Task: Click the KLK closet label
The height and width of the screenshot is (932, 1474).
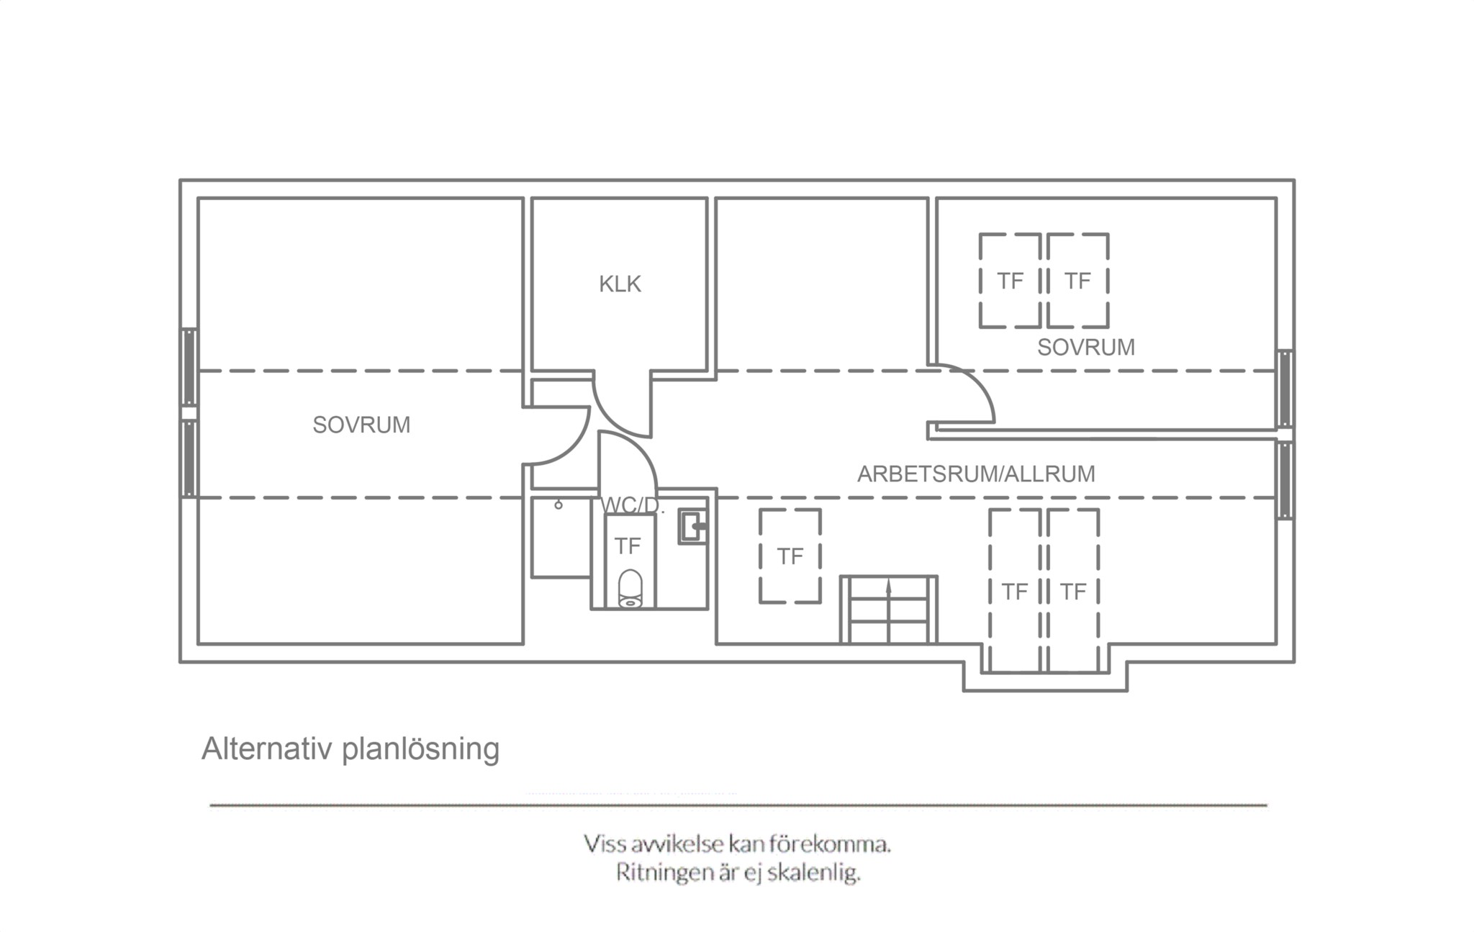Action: (620, 284)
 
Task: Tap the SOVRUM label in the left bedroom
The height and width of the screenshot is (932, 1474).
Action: (361, 425)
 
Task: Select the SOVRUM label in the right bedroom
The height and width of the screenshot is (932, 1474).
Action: (1086, 348)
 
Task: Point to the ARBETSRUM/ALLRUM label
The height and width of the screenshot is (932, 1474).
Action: (976, 474)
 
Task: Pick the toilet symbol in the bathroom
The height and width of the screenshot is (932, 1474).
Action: (630, 589)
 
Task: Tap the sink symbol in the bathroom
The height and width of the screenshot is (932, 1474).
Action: (693, 527)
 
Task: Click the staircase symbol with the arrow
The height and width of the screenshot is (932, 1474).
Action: (889, 609)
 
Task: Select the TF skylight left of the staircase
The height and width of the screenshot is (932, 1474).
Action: (790, 556)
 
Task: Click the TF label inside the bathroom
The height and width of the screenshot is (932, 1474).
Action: (628, 546)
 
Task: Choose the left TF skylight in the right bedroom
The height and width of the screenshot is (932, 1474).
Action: (1010, 281)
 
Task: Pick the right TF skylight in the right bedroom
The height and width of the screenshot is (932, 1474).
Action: (1077, 281)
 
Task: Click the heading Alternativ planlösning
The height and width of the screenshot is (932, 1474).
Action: (351, 749)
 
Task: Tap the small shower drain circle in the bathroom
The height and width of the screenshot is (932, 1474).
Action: (559, 505)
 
